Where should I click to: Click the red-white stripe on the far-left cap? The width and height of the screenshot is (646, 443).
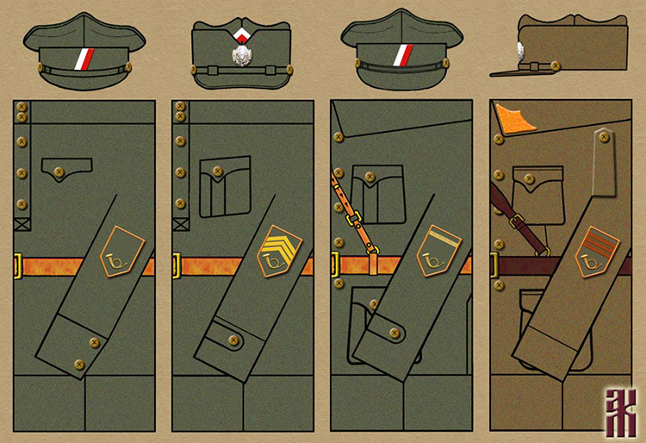click(x=85, y=59)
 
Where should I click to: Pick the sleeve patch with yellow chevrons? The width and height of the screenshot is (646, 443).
click(x=276, y=249)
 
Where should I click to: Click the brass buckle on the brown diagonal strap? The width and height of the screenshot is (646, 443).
click(x=516, y=221)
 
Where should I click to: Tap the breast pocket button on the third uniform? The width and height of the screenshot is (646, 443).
click(x=370, y=178)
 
